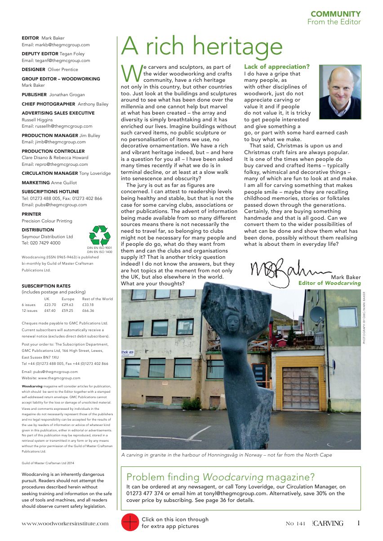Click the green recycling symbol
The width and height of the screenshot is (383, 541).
[100, 235]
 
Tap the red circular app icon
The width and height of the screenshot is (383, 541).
[130, 522]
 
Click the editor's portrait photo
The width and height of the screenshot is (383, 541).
[340, 92]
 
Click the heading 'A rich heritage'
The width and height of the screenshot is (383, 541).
[202, 46]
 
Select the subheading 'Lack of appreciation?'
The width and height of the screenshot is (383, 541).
[277, 67]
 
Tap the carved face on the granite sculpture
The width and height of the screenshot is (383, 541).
[233, 322]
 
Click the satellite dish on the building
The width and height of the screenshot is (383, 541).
[317, 314]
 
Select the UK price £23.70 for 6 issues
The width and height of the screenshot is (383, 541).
[50, 305]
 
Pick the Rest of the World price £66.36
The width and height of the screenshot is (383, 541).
[88, 310]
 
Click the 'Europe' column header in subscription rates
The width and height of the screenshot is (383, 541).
[68, 299]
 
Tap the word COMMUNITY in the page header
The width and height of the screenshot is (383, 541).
[335, 14]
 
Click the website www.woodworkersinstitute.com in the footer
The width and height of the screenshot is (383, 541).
[65, 523]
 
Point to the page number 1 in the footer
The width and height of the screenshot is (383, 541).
[358, 523]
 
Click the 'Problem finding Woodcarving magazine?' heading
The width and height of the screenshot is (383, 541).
[221, 477]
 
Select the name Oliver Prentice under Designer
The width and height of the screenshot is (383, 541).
[63, 70]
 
